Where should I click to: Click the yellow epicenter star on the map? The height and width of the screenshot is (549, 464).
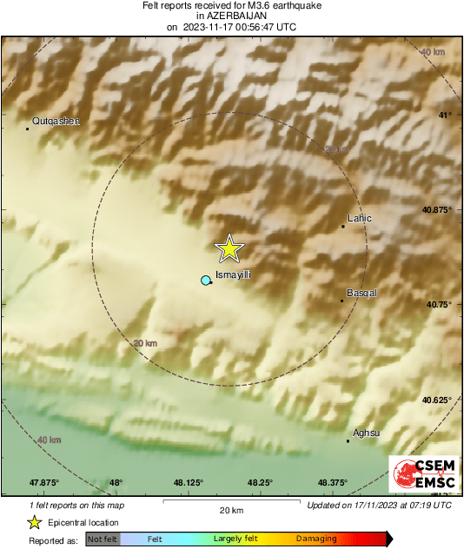(x=229, y=248)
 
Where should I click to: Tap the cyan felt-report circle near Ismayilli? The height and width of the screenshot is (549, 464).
(x=206, y=281)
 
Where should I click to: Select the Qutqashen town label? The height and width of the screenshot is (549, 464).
(x=56, y=122)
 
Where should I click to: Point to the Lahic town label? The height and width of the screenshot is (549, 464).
(x=359, y=219)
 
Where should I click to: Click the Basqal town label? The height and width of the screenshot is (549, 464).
(x=361, y=293)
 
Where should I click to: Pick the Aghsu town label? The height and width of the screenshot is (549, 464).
(x=367, y=433)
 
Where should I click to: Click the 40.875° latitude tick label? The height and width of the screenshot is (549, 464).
(x=437, y=209)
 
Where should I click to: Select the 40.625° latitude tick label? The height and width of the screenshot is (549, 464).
(x=437, y=400)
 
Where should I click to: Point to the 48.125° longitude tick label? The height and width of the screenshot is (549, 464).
(x=188, y=483)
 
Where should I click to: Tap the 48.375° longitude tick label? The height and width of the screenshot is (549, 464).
(x=333, y=483)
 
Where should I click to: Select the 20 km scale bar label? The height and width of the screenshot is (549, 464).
(x=231, y=510)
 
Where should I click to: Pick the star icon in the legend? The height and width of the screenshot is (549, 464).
(x=35, y=522)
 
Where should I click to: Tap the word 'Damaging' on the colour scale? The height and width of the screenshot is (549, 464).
(x=316, y=539)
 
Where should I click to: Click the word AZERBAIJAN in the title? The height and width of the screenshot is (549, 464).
(x=231, y=16)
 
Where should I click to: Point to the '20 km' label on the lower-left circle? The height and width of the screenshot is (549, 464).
(x=144, y=344)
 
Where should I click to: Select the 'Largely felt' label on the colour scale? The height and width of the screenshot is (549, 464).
(x=238, y=539)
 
